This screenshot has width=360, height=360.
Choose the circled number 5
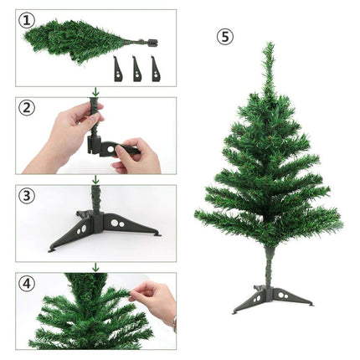click(x=225, y=37)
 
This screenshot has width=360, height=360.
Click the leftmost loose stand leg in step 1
click(x=116, y=69)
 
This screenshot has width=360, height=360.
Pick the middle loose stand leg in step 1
click(x=136, y=69)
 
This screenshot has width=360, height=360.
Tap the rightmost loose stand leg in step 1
click(x=156, y=69)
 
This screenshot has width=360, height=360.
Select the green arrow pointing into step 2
click(x=95, y=91)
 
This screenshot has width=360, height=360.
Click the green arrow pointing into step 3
click(x=95, y=179)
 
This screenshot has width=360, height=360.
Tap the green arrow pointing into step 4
click(x=95, y=267)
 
